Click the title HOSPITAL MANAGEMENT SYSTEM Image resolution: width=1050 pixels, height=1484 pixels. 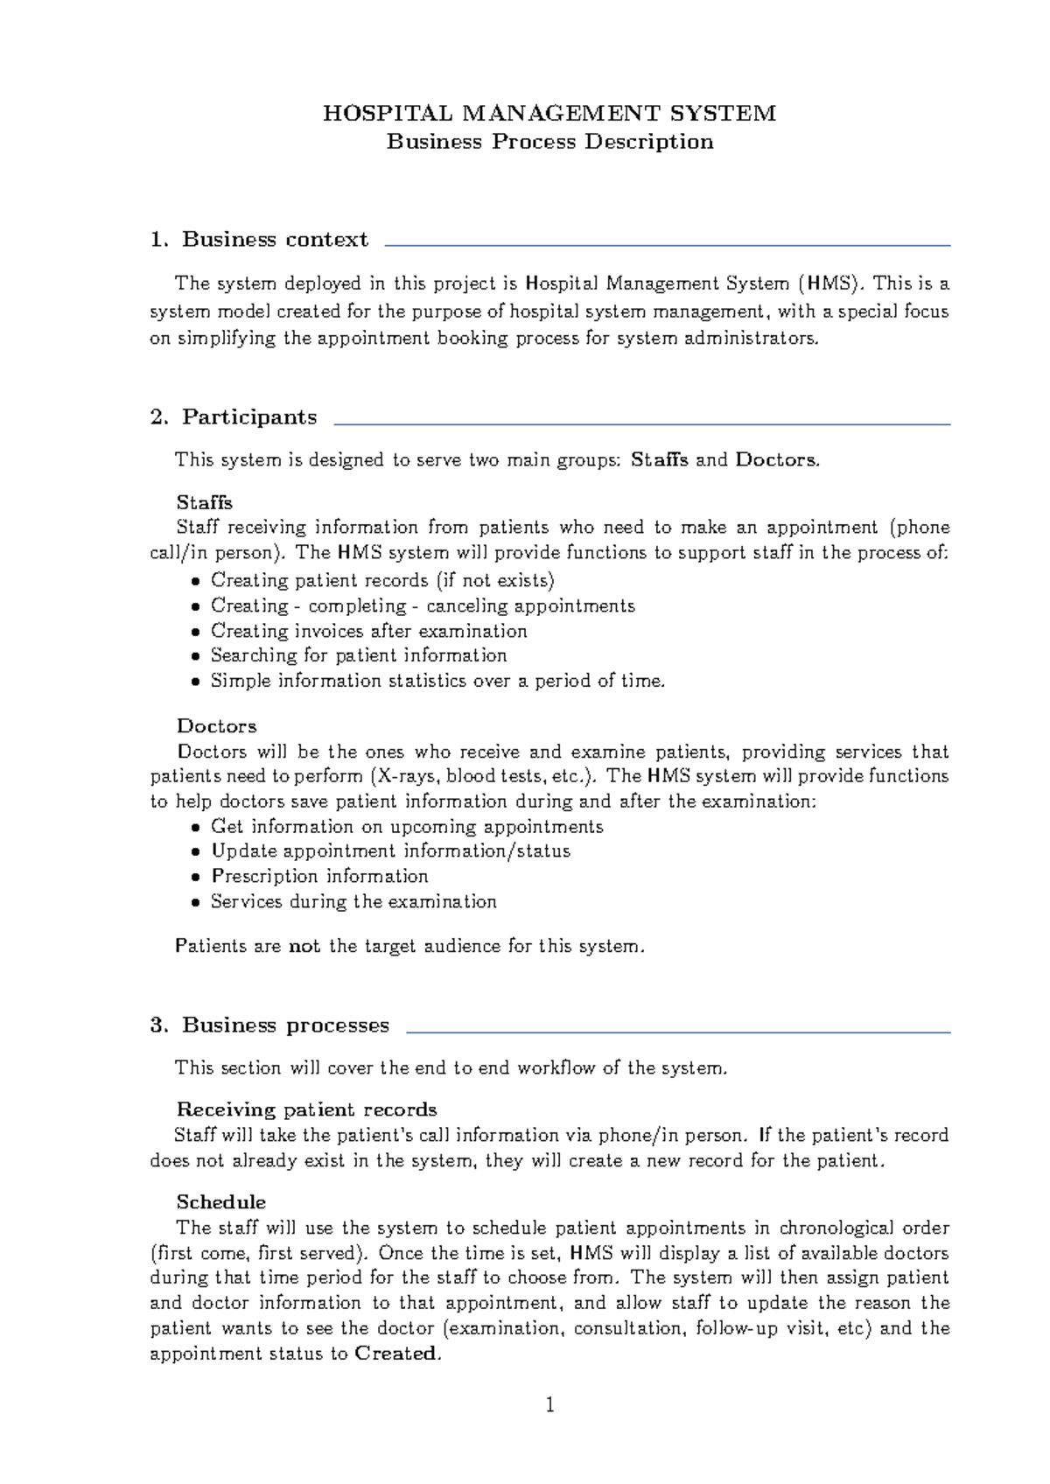click(549, 114)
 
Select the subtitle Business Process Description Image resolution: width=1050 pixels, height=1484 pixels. click(549, 142)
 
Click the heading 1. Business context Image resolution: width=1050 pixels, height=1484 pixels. click(259, 240)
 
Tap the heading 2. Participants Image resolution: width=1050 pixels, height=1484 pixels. click(234, 417)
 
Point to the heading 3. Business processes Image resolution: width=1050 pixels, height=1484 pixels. click(269, 1025)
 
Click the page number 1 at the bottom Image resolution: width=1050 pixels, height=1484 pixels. click(549, 1405)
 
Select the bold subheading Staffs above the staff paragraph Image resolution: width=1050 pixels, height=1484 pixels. click(204, 502)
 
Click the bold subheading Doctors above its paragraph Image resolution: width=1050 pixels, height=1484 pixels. click(216, 726)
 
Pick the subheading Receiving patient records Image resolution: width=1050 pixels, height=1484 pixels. click(306, 1109)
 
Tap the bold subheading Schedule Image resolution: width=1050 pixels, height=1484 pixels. click(220, 1202)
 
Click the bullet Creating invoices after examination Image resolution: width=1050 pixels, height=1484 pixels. click(368, 631)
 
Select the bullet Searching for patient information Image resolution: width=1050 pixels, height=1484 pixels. click(358, 655)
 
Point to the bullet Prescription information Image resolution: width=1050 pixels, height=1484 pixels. click(319, 876)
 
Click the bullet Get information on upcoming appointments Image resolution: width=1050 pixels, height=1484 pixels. click(407, 827)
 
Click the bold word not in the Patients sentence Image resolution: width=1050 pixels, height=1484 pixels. click(304, 946)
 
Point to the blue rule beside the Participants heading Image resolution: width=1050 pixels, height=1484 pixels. click(641, 424)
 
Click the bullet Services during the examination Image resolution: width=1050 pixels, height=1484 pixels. click(353, 901)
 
